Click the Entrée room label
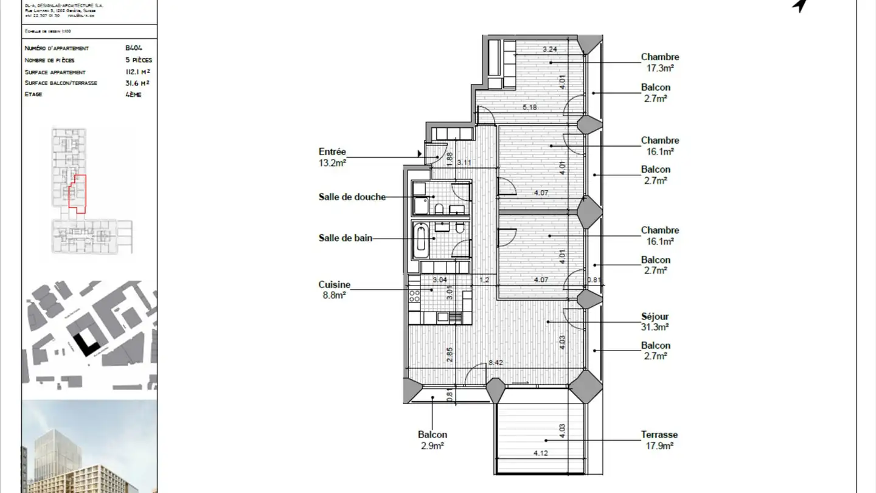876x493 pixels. pyautogui.click(x=332, y=157)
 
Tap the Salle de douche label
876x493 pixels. pyautogui.click(x=352, y=197)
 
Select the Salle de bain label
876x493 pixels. pyautogui.click(x=345, y=239)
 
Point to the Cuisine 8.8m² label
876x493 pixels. pyautogui.click(x=334, y=290)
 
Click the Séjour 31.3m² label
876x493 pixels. pyautogui.click(x=655, y=321)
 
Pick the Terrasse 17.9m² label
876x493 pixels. pyautogui.click(x=659, y=440)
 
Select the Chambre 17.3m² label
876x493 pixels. pyautogui.click(x=659, y=63)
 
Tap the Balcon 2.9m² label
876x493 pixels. pyautogui.click(x=432, y=440)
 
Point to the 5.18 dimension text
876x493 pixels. pyautogui.click(x=530, y=108)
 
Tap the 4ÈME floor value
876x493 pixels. pyautogui.click(x=133, y=94)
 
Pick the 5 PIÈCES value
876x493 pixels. pyautogui.click(x=138, y=60)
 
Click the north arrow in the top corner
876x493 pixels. pyautogui.click(x=801, y=5)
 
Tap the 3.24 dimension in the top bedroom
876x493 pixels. pyautogui.click(x=550, y=49)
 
